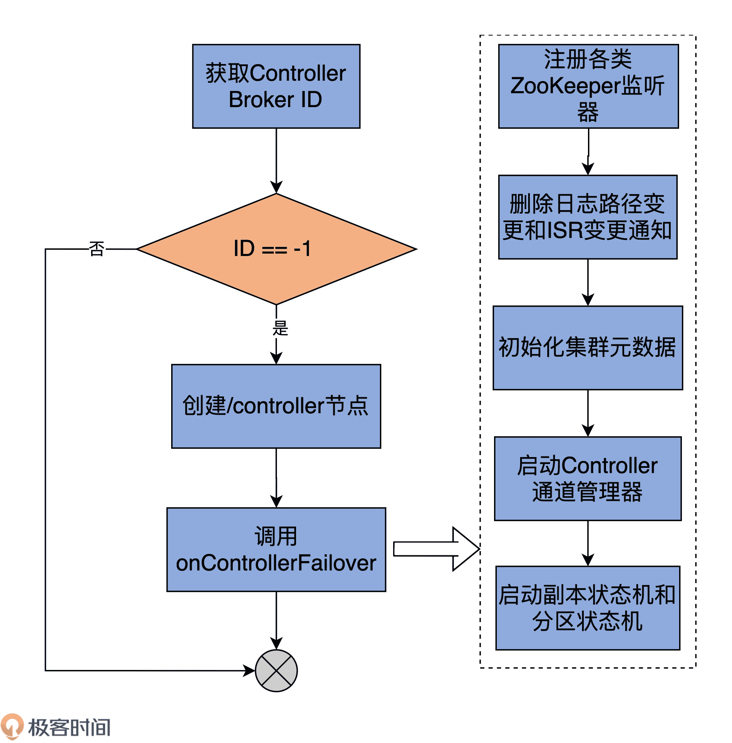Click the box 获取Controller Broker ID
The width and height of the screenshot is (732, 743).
click(276, 86)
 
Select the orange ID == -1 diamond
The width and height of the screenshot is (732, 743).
click(276, 249)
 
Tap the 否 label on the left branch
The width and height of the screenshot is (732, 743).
click(96, 249)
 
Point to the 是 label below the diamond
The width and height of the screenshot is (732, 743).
click(280, 328)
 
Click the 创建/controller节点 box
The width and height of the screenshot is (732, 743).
click(276, 406)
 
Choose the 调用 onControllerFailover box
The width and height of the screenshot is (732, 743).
click(276, 549)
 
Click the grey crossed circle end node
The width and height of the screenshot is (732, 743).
click(276, 671)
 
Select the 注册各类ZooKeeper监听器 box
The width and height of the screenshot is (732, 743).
click(588, 86)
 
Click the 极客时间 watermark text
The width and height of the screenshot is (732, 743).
click(70, 727)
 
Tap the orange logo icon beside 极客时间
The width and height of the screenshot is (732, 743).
click(12, 726)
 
